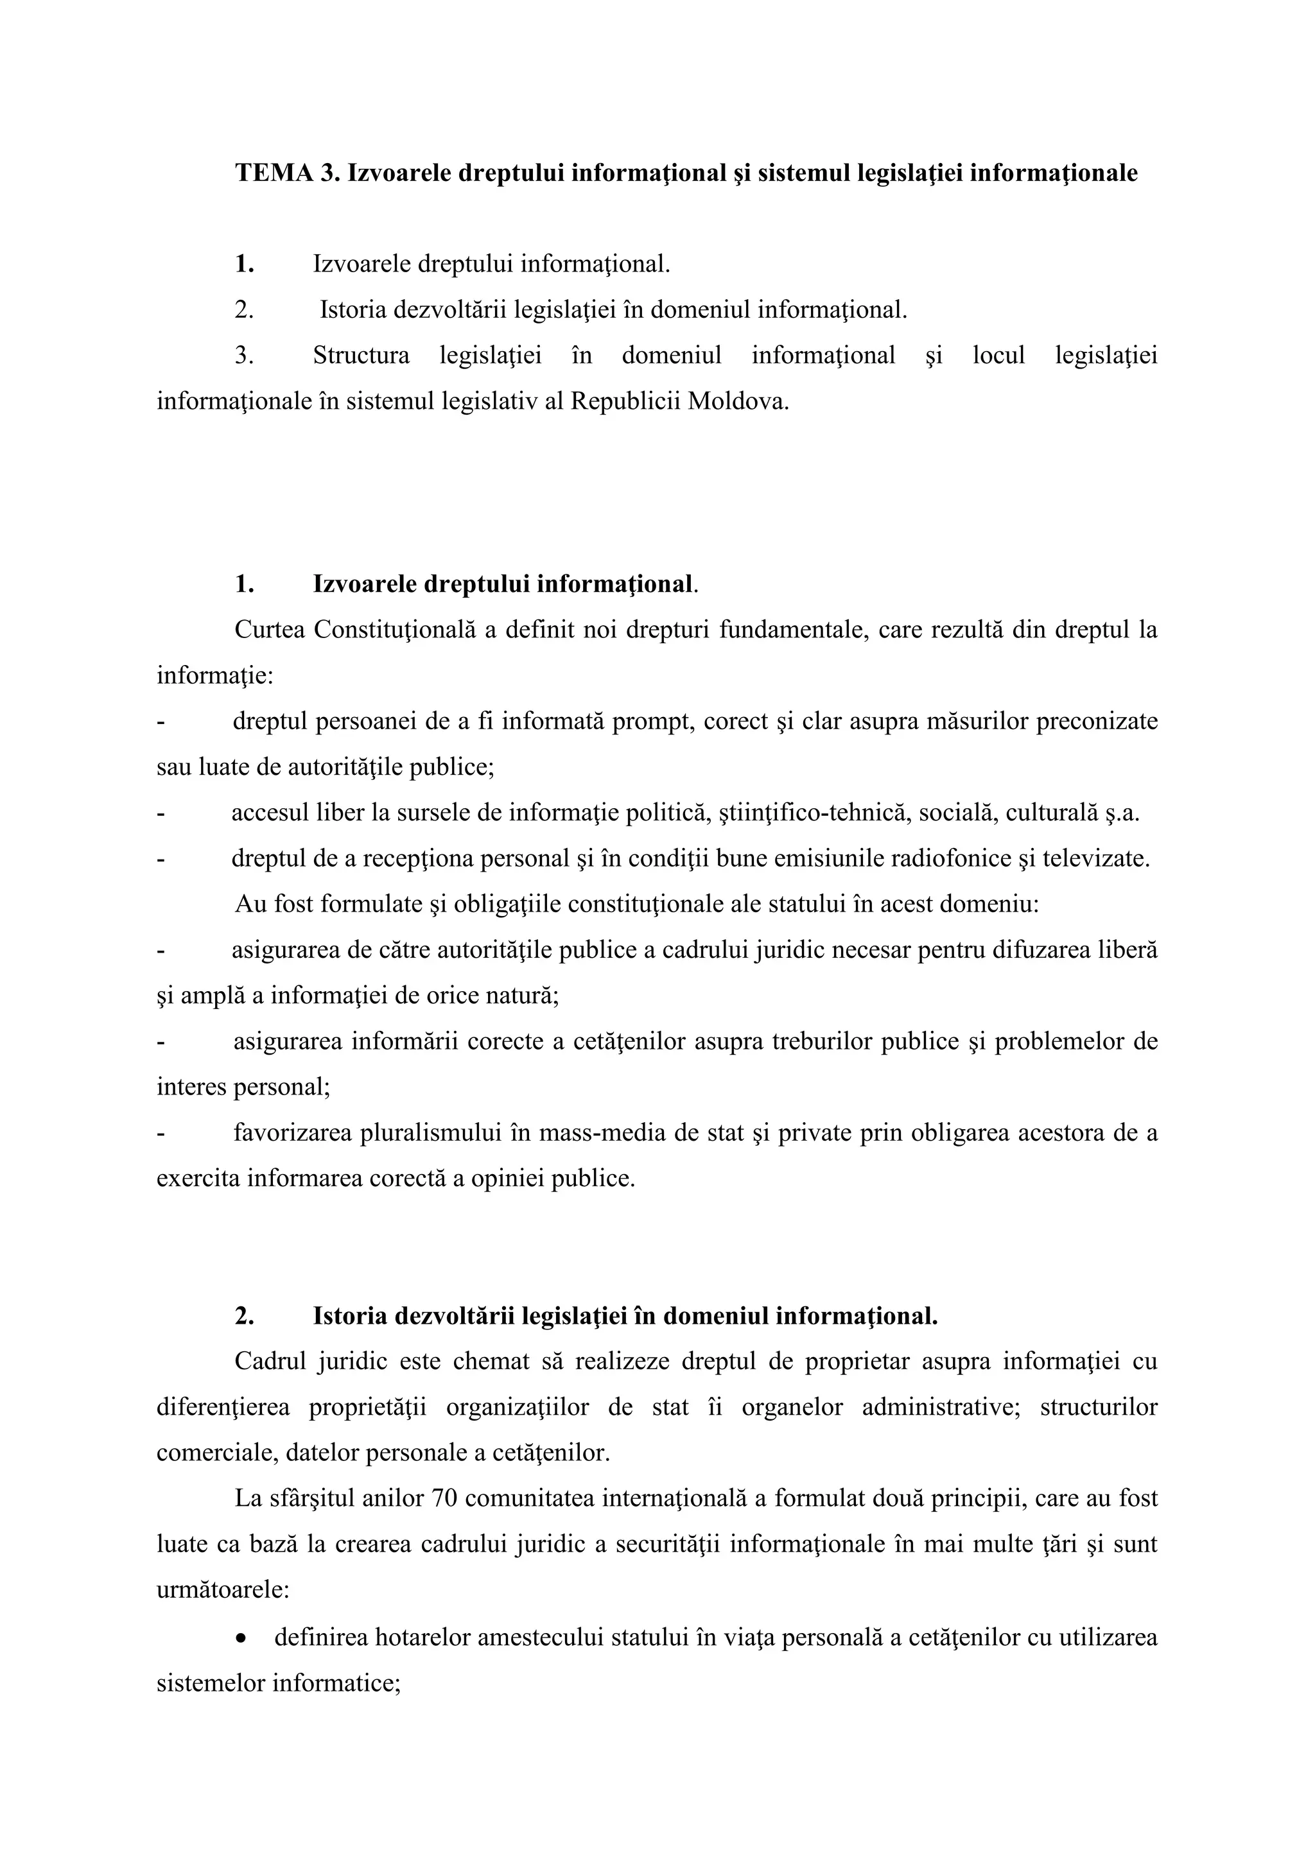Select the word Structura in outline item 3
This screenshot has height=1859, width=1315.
coord(361,356)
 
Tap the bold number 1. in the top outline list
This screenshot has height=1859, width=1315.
coord(245,264)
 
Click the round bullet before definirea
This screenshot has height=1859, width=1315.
coord(242,1636)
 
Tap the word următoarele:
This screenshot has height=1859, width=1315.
coord(223,1589)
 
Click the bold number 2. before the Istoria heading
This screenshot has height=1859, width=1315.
coord(245,1316)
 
